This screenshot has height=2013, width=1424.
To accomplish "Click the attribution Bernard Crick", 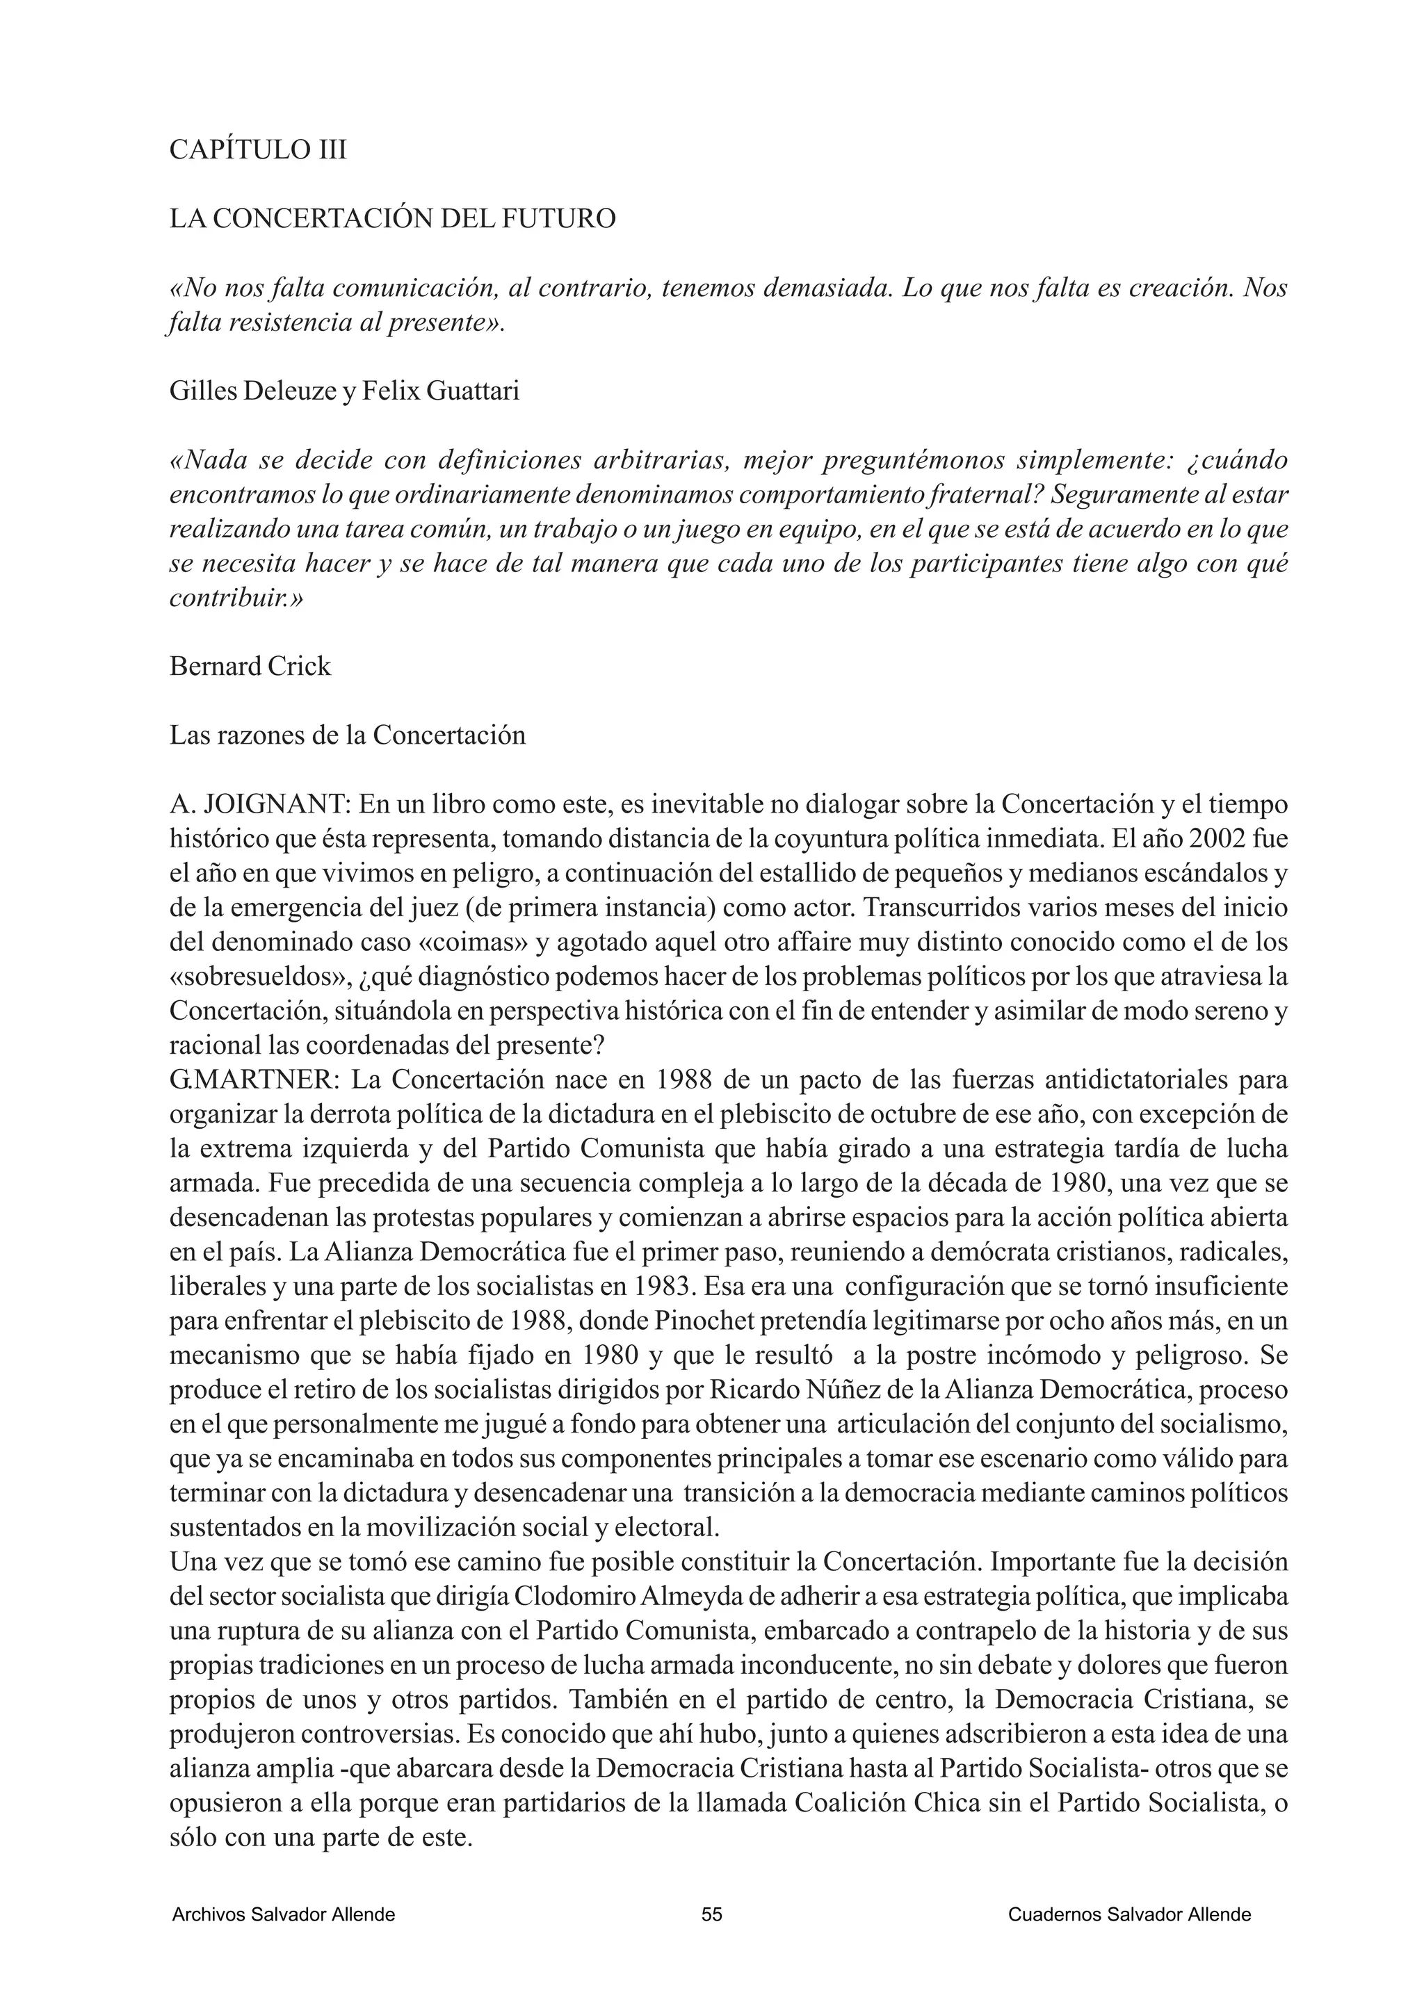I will pos(250,667).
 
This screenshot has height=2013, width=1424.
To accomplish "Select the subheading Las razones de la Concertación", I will pos(347,735).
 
